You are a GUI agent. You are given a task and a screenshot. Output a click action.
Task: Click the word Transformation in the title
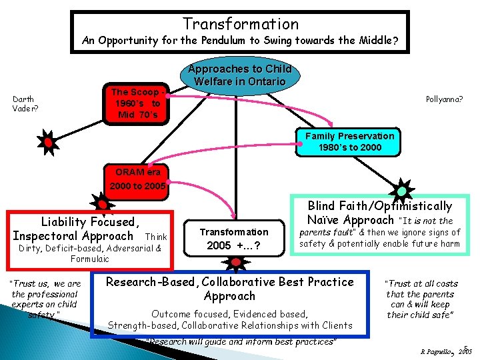(x=241, y=24)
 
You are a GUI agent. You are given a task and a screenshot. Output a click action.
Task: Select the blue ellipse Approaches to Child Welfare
(x=239, y=75)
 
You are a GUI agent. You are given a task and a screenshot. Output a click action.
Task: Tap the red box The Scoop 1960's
(x=136, y=103)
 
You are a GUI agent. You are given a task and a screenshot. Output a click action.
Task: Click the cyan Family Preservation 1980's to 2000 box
(x=349, y=141)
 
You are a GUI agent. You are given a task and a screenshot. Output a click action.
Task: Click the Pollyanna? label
(x=445, y=99)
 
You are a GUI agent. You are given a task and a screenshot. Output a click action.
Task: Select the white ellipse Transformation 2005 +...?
(x=233, y=238)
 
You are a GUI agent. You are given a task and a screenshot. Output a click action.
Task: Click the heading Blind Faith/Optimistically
(x=379, y=206)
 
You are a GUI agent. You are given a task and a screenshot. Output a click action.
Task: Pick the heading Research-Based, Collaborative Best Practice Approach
(x=230, y=288)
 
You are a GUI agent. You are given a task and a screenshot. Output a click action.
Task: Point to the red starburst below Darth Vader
(x=49, y=141)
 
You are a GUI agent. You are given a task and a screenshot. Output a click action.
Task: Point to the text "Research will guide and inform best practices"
(x=241, y=341)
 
